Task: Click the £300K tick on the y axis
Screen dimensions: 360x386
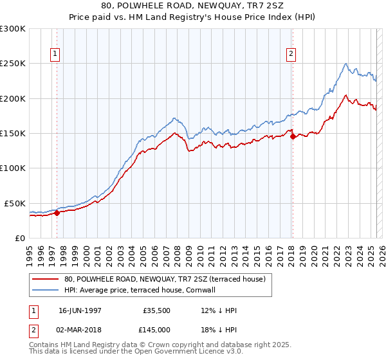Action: tap(13, 29)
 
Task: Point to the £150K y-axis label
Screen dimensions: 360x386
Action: tap(13, 134)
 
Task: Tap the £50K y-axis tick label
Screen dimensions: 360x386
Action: tap(15, 203)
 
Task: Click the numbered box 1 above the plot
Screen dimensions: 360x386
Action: tap(56, 55)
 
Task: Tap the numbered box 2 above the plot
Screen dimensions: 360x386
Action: tap(291, 55)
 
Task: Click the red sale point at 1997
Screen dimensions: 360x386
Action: tap(57, 213)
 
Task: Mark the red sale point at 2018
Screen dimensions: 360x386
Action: tap(292, 136)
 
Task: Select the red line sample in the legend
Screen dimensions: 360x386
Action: tap(45, 279)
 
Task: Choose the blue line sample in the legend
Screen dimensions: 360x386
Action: tap(45, 290)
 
